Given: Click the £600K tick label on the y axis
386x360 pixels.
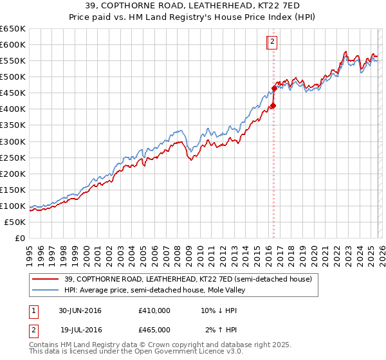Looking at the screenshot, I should (14, 44).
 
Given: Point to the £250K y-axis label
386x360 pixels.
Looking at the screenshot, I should (14, 157).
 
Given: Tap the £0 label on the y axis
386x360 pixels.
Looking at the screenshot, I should (21, 238).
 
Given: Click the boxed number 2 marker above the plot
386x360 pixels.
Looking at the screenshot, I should (272, 42).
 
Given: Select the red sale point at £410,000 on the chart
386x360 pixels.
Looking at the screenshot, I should (273, 105).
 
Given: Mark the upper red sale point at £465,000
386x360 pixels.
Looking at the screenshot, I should (273, 88).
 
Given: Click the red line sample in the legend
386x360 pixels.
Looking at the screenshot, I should (46, 279).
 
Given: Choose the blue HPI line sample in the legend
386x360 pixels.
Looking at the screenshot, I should (46, 290).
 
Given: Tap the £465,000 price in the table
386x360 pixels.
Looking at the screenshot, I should (154, 329).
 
